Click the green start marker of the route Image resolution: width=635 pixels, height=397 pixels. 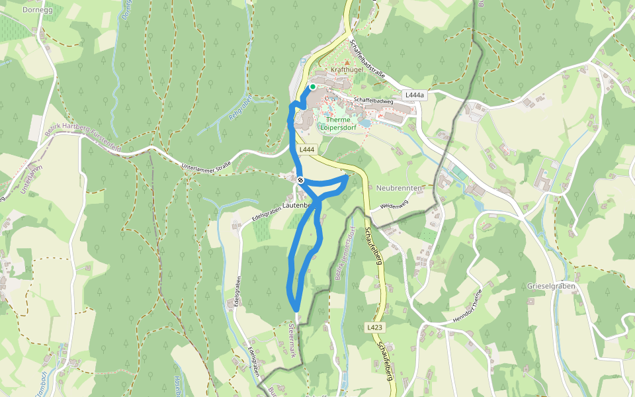tap(313, 87)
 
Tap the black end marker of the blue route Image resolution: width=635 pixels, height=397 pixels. tap(300, 180)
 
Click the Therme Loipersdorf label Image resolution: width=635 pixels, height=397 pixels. tap(338, 124)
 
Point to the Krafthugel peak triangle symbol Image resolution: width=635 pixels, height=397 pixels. tap(347, 63)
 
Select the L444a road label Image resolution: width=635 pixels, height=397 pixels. tap(413, 95)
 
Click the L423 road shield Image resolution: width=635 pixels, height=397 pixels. tap(374, 327)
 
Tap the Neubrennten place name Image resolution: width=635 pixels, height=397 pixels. tap(399, 188)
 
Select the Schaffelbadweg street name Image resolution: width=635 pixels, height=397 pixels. tap(374, 101)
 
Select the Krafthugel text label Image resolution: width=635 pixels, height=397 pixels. tap(347, 69)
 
